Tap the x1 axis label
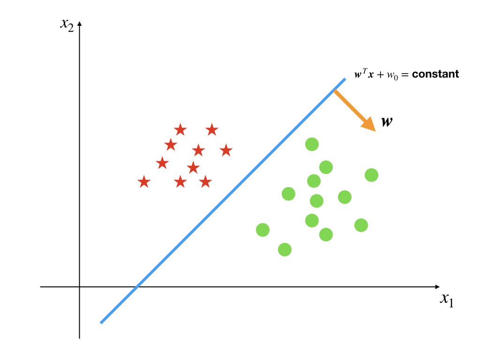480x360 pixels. coord(446,300)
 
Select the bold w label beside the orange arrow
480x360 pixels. coord(387,122)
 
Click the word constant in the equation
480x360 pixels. coord(435,74)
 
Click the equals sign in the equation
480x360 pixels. coord(406,75)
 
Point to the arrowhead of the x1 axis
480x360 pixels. coord(437,286)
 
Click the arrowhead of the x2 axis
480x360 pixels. coord(80,23)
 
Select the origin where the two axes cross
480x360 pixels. coord(80,286)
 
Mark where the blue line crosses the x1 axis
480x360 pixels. coord(136,286)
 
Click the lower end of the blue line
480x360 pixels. coord(101,322)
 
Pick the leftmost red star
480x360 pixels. coord(144,182)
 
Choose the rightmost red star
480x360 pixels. coord(226,150)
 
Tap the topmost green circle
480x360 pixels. coord(312,144)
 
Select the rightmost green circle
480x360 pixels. coord(371,175)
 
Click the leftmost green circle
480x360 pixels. coord(262,230)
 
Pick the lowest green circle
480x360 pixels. coord(285,249)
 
